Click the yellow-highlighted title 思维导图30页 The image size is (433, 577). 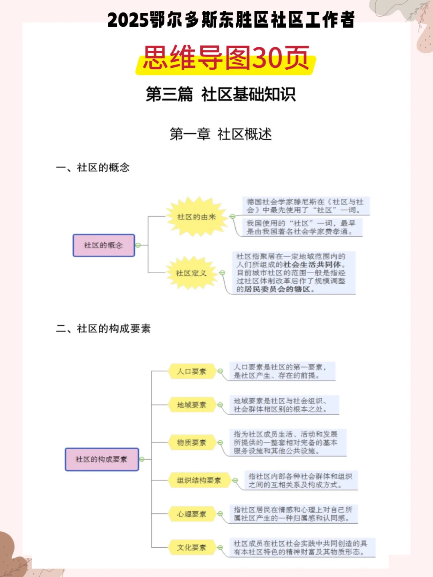pos(226,59)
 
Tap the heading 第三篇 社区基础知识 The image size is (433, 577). pos(221,95)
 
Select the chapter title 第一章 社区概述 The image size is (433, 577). pos(221,134)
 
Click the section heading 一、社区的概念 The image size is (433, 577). pos(93,167)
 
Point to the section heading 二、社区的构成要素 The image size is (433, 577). pos(103,329)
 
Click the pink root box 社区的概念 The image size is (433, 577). pos(103,245)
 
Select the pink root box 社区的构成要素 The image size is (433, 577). pos(101,459)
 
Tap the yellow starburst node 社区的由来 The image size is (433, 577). pos(196,217)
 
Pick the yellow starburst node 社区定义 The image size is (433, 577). pos(191,273)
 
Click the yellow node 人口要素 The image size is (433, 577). pos(192,371)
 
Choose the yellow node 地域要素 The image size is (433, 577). pos(192,405)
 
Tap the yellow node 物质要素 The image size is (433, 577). pos(192,442)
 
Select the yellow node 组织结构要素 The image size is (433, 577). pos(199,480)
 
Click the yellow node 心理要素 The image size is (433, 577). pos(192,514)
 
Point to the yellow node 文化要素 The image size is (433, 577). pos(192,547)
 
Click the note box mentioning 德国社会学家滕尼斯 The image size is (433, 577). pos(305,206)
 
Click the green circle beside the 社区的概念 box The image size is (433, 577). pos(138,245)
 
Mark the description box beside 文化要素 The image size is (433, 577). pos(301,548)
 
